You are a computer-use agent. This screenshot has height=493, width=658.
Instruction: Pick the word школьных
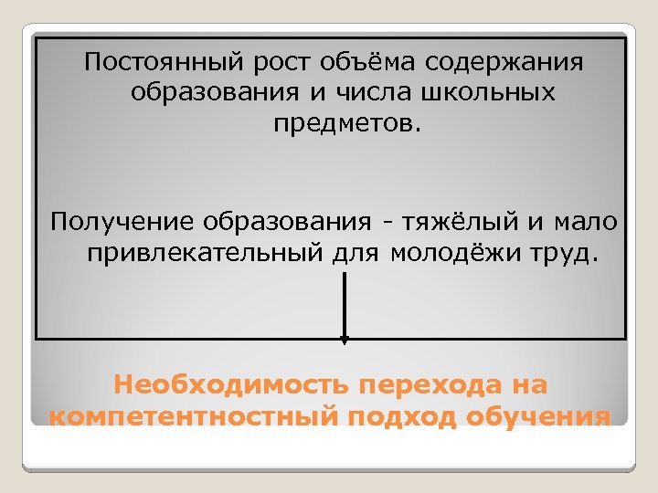(482, 93)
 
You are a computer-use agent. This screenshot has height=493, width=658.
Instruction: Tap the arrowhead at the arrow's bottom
(344, 341)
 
